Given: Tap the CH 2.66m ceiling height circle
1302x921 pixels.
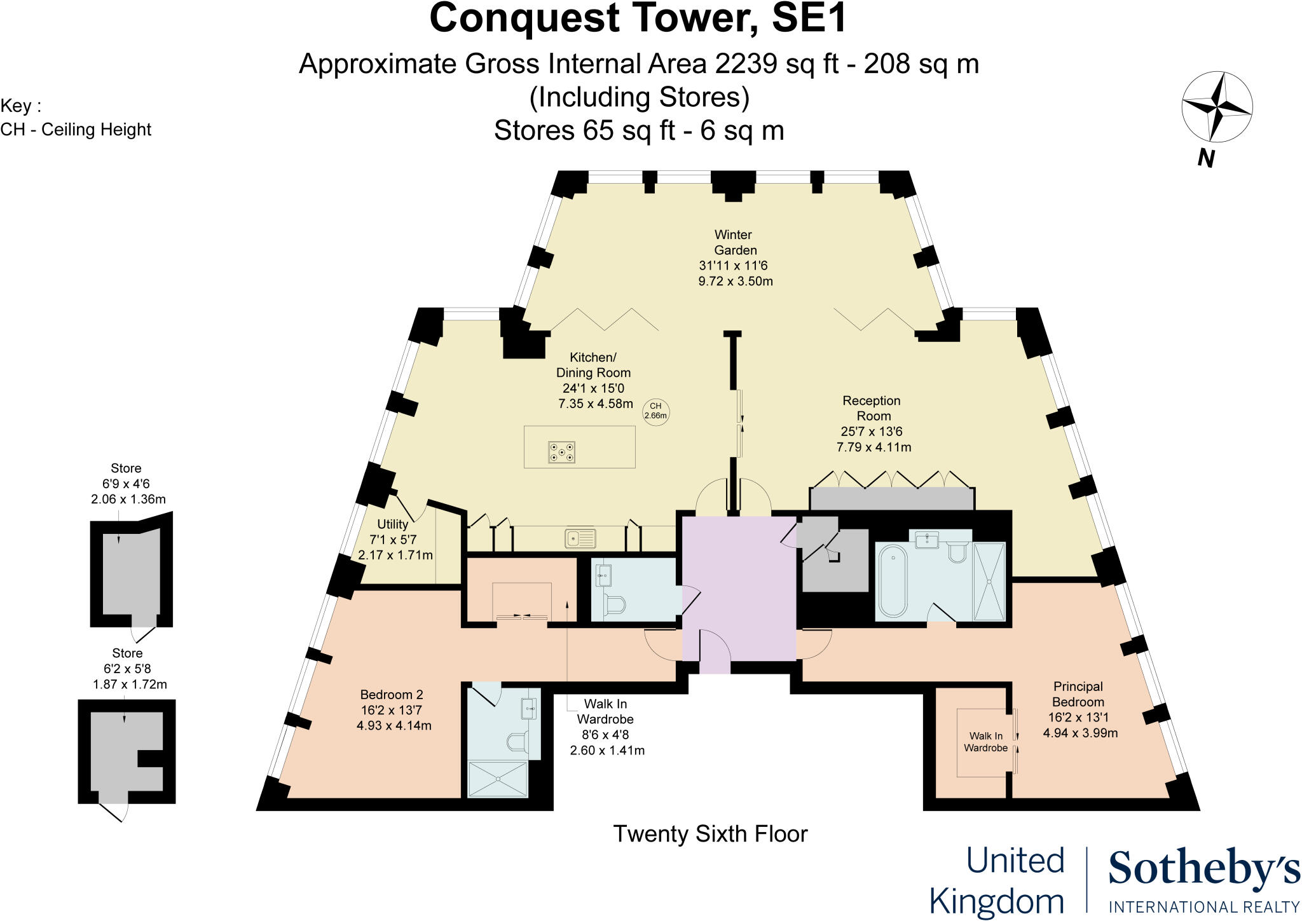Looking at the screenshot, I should [x=655, y=411].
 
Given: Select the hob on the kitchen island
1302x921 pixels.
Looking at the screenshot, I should [x=561, y=452].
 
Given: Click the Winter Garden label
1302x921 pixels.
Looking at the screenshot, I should [x=736, y=242].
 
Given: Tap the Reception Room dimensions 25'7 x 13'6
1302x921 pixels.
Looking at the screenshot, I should [x=874, y=432].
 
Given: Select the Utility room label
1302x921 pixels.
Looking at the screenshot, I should [x=392, y=524].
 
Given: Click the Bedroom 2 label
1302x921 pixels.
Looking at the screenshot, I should [x=392, y=695].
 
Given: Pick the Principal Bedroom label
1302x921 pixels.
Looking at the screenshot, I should [x=1078, y=694].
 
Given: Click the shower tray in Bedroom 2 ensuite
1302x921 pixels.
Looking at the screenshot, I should [x=498, y=779].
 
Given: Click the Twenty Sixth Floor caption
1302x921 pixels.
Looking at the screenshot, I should [x=710, y=834].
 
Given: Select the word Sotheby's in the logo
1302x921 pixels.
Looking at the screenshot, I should [x=1203, y=869].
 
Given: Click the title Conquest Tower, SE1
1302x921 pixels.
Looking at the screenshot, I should [x=638, y=18].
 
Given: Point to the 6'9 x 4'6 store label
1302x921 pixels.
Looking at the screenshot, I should [x=126, y=484].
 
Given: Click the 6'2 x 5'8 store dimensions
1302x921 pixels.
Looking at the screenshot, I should [x=127, y=669].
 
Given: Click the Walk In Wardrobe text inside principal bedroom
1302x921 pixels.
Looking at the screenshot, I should [x=985, y=742].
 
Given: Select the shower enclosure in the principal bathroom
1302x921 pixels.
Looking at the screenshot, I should [x=989, y=581].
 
